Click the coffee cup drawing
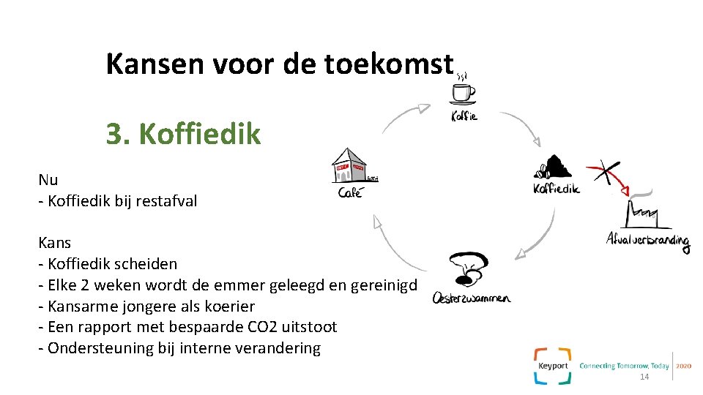[462, 91]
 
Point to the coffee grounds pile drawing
[554, 168]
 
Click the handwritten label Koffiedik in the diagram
[556, 188]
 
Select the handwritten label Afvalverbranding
[648, 239]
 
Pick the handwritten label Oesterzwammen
[471, 297]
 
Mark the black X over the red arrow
[606, 173]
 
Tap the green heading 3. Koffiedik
[183, 134]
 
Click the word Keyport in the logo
[553, 365]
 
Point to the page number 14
[644, 377]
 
